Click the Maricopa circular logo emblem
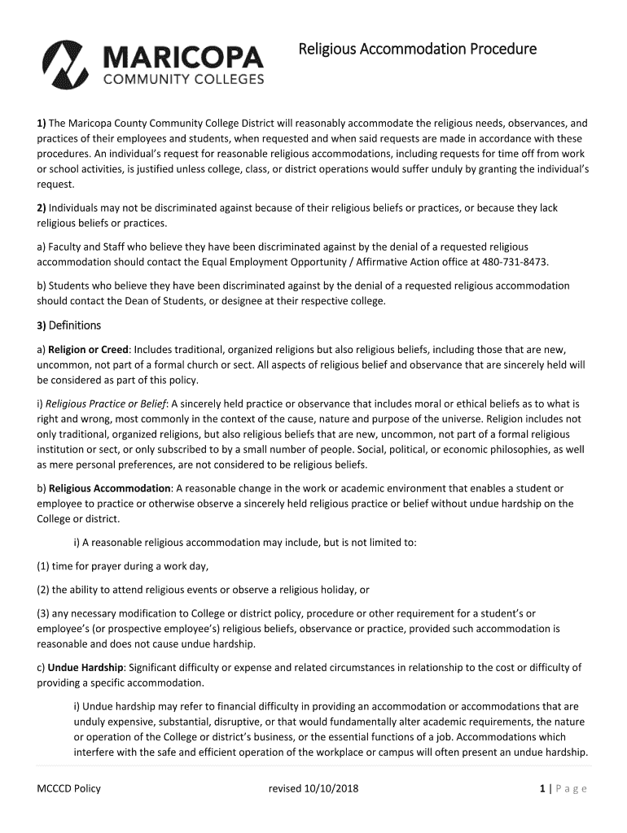click(x=68, y=63)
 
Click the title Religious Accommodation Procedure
click(x=417, y=50)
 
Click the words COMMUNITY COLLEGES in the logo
click(x=182, y=80)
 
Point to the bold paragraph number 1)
click(x=41, y=124)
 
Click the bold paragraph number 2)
click(x=41, y=208)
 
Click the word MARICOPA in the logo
click(x=182, y=57)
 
